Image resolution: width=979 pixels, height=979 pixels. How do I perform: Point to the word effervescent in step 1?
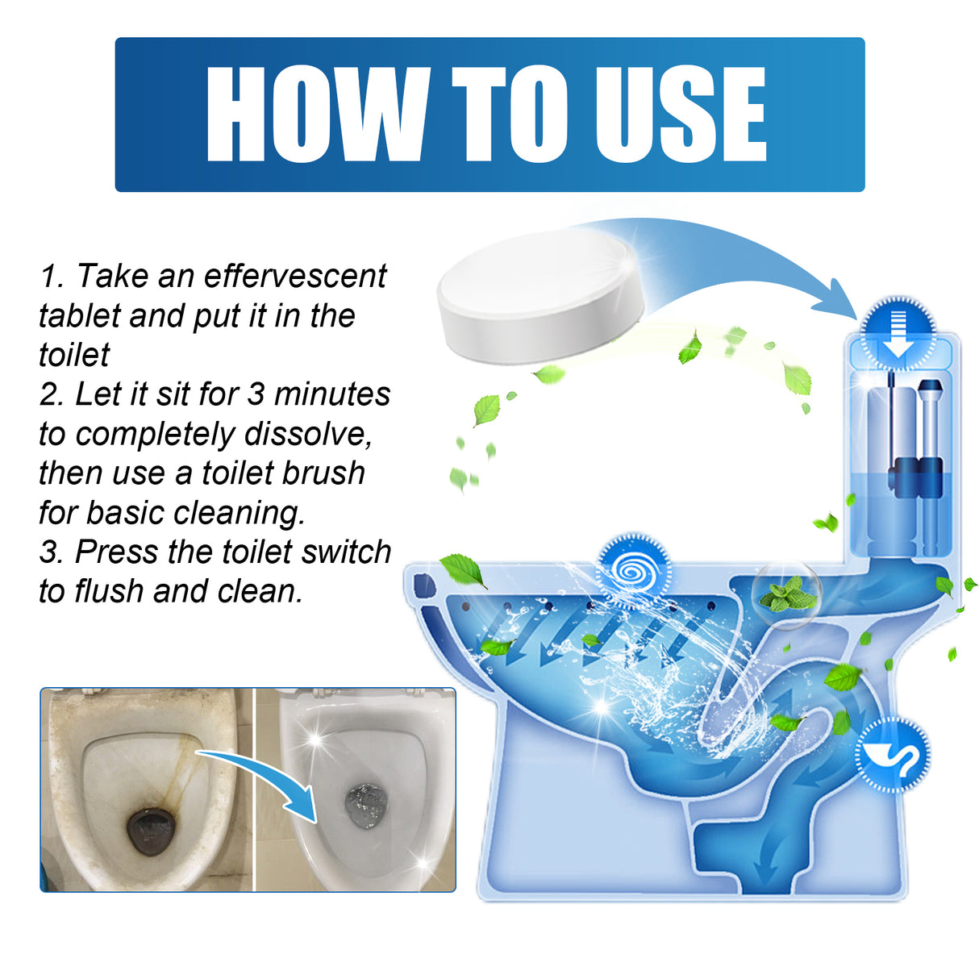click(295, 277)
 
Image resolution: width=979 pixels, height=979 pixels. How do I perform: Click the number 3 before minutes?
click(256, 394)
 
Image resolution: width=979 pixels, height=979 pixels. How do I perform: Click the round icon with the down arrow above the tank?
click(898, 331)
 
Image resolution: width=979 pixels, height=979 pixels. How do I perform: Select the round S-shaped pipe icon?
click(892, 754)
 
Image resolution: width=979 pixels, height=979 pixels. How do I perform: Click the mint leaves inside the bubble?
click(785, 595)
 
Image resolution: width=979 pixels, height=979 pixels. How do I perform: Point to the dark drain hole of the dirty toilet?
click(150, 831)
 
